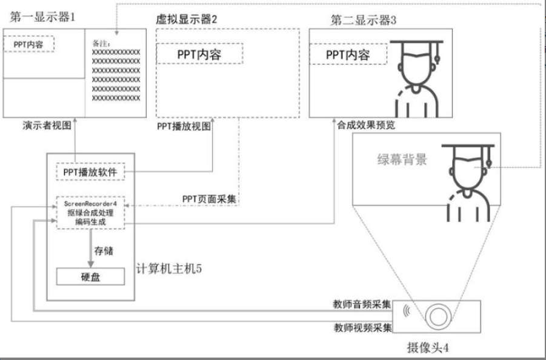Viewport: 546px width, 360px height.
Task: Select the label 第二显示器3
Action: click(364, 19)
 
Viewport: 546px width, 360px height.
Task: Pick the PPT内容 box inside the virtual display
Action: click(199, 54)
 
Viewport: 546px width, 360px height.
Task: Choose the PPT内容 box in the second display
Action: click(348, 54)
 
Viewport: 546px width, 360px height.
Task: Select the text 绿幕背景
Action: click(402, 161)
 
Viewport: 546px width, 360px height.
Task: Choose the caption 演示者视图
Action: click(52, 125)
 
